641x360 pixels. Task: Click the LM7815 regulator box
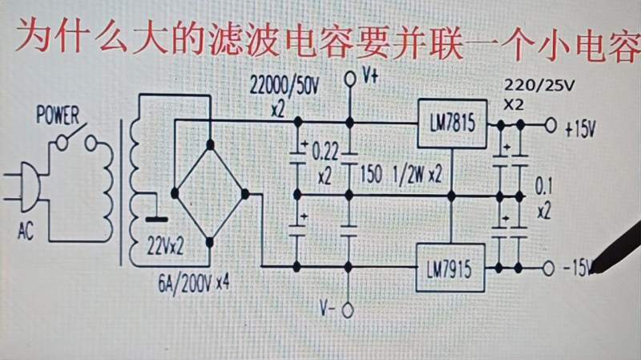click(x=452, y=124)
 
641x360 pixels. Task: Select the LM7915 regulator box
click(x=451, y=273)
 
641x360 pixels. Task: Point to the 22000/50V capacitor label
click(x=284, y=83)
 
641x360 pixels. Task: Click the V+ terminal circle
click(x=349, y=79)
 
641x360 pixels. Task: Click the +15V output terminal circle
click(x=550, y=125)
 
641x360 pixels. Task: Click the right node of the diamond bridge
click(x=245, y=193)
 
